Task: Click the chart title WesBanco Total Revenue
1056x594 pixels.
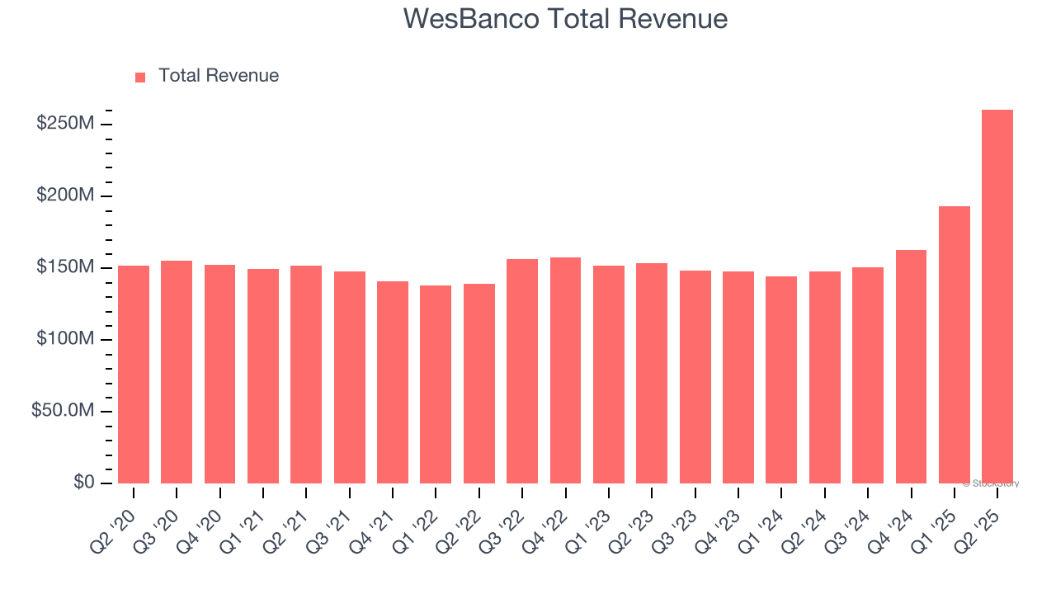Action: [565, 19]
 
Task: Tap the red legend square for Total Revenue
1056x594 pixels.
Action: [140, 77]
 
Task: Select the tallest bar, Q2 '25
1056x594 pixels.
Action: [997, 296]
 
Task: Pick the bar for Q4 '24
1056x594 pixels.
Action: [911, 366]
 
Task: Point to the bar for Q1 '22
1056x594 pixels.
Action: [436, 384]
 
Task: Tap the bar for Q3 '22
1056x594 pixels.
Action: [522, 370]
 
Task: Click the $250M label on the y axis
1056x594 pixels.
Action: [64, 124]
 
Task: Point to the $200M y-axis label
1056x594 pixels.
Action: [64, 196]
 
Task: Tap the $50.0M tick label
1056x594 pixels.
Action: [63, 411]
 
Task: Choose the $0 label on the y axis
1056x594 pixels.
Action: [82, 483]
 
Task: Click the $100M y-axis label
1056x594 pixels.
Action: [64, 339]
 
